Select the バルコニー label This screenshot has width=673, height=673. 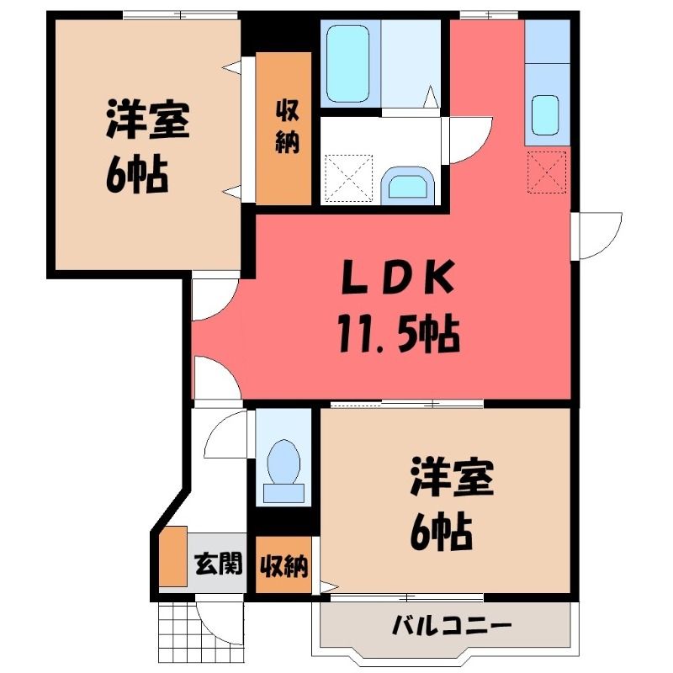point(452,626)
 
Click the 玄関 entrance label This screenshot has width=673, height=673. point(218,564)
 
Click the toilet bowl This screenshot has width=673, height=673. point(284,462)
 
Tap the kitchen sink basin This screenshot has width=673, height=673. point(545,115)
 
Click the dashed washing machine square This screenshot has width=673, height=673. point(348,178)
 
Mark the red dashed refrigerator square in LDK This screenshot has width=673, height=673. point(546,172)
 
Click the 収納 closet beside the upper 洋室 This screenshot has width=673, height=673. point(284,129)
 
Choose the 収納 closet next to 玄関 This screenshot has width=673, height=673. point(284,564)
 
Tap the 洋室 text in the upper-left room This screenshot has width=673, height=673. point(147,119)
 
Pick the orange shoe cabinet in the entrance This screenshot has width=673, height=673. point(173,556)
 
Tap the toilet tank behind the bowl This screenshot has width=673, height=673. point(284,493)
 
